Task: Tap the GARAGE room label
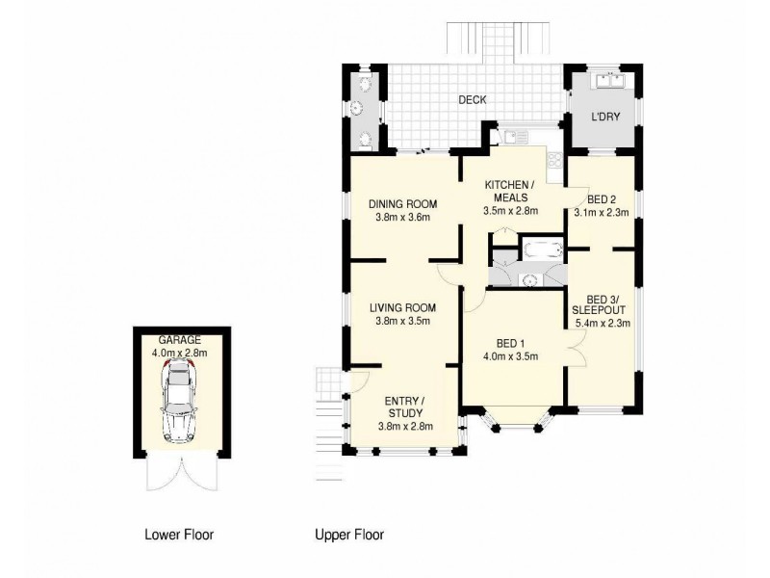(x=179, y=340)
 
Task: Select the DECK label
(x=472, y=99)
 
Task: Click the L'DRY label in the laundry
(x=604, y=117)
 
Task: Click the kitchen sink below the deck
(x=510, y=137)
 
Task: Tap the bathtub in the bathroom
(x=540, y=250)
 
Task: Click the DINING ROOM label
(x=404, y=204)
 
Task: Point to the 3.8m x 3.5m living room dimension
(x=403, y=321)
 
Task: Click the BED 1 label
(x=509, y=343)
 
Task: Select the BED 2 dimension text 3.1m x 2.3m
(x=601, y=213)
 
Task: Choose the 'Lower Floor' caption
(x=179, y=534)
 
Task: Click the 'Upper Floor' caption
(x=350, y=534)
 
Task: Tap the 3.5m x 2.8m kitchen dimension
(x=510, y=211)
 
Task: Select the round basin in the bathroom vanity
(x=527, y=279)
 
